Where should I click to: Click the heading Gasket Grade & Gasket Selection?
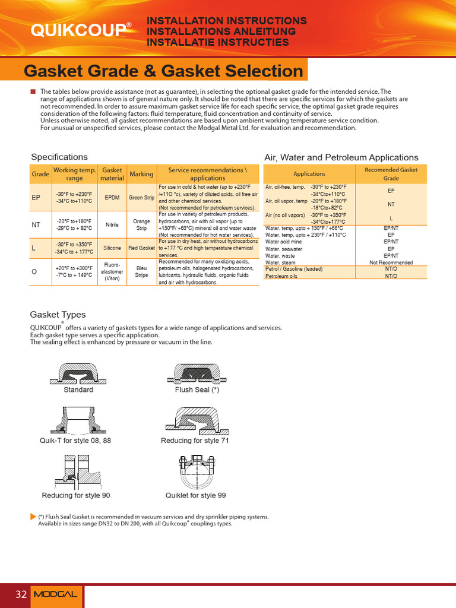(163, 71)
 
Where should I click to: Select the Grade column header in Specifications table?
(40, 174)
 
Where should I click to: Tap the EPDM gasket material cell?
(112, 198)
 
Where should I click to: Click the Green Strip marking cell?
(142, 198)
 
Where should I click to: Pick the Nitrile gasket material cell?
(112, 225)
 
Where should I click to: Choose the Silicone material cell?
(112, 248)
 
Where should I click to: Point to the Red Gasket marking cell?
(142, 248)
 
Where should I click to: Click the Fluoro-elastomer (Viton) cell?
(112, 272)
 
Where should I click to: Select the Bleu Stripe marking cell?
(142, 272)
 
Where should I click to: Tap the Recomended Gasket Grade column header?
(391, 174)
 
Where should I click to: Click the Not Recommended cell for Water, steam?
(391, 262)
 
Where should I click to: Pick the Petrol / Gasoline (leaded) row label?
(294, 269)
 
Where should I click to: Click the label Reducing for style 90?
(76, 495)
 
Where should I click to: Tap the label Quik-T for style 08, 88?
(75, 441)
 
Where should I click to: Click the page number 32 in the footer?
(21, 594)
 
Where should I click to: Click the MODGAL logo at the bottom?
(55, 594)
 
